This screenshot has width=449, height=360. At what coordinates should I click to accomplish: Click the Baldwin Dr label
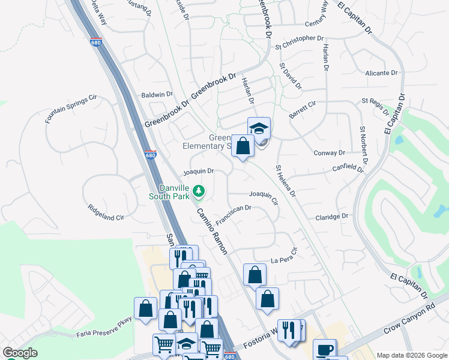(x=157, y=94)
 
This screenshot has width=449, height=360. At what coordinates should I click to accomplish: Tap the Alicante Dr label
(x=381, y=73)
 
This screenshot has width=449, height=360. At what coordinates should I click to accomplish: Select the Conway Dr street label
(x=329, y=153)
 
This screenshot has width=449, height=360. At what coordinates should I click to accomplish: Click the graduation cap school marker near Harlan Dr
(x=259, y=128)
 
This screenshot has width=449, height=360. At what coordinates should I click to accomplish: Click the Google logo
(x=20, y=353)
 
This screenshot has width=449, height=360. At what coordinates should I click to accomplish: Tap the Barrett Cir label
(x=302, y=109)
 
